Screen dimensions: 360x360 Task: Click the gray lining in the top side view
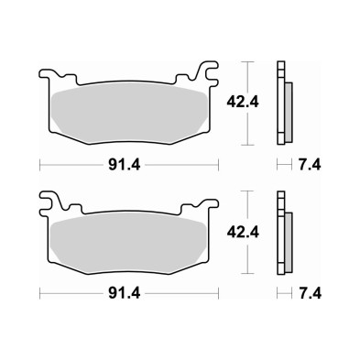(x=289, y=108)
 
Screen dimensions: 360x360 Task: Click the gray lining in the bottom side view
(x=289, y=238)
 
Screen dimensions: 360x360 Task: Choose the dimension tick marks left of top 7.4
(x=284, y=165)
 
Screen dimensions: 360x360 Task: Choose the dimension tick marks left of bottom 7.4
(x=284, y=295)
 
